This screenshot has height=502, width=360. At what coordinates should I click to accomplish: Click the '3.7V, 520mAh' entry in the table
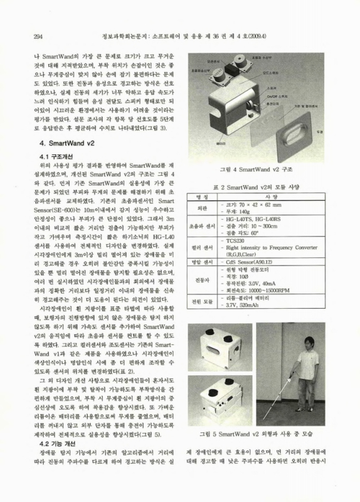click(x=246, y=304)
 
